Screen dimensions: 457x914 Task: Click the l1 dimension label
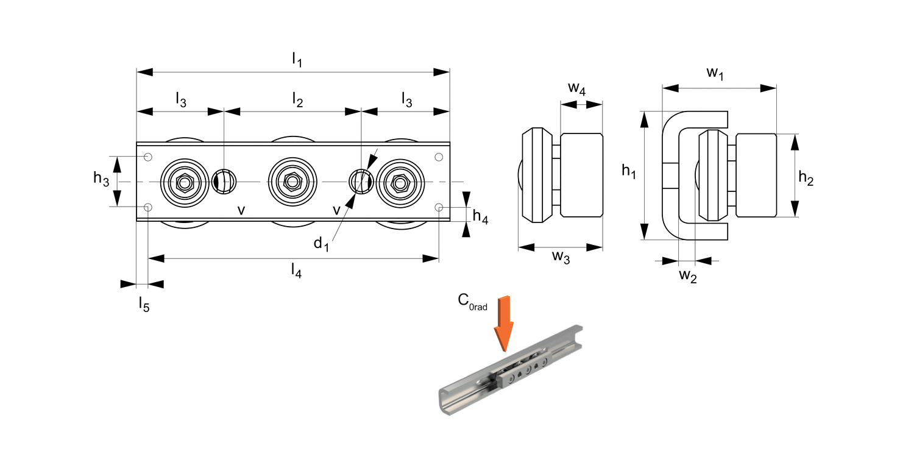coord(297,60)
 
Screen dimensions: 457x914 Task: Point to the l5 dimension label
coord(144,303)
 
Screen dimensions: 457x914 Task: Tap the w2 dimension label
coord(688,276)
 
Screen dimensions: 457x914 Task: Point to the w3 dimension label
coord(561,258)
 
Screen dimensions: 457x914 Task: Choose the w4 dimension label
coord(577,90)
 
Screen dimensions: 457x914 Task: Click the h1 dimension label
coord(629,172)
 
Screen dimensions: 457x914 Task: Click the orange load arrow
coord(504,323)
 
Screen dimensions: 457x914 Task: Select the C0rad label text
coord(472,302)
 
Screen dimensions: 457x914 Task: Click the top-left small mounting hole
coord(148,158)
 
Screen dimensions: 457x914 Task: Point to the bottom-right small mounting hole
coord(439,207)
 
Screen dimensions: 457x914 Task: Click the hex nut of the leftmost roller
coord(183,182)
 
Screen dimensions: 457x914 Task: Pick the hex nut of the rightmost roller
coord(400,182)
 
